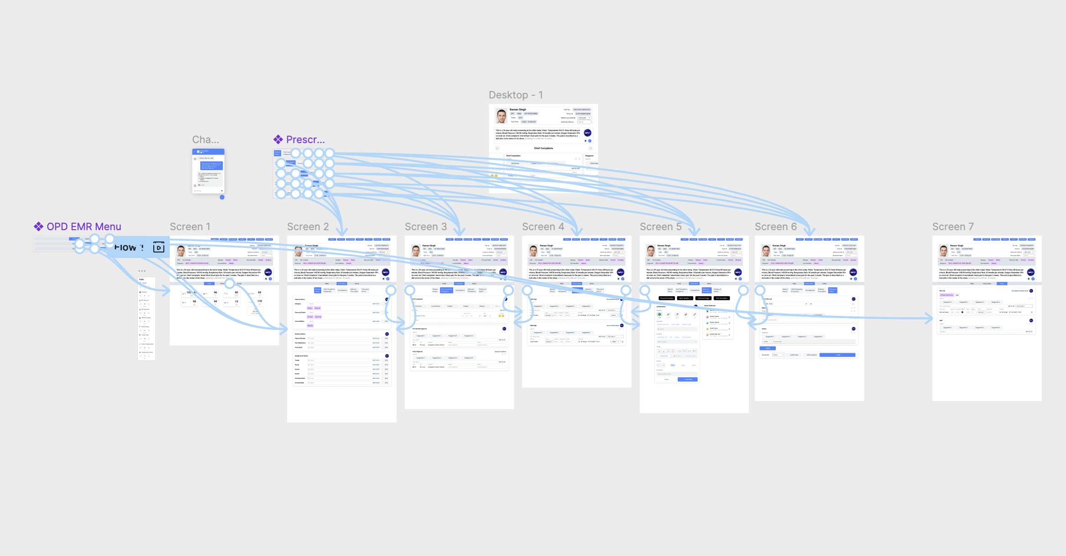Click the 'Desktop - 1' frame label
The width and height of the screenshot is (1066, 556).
point(516,95)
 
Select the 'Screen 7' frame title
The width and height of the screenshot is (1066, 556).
point(953,227)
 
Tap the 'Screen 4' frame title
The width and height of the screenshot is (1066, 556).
point(543,227)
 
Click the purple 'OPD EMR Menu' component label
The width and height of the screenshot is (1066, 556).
point(84,227)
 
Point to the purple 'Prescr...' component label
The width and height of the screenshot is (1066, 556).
point(305,139)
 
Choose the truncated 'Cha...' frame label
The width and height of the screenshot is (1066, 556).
point(205,139)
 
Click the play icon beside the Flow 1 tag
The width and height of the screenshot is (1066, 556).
point(158,247)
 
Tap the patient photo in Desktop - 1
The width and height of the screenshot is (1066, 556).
point(502,116)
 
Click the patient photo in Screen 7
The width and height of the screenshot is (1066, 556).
point(943,251)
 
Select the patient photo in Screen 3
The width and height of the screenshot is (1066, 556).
point(416,251)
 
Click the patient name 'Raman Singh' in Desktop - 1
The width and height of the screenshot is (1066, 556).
point(518,109)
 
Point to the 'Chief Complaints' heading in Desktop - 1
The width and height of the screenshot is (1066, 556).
point(543,148)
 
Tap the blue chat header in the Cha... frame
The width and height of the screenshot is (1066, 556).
point(208,151)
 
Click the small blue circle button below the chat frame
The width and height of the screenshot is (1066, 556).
point(222,197)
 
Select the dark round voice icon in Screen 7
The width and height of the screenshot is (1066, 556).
point(1030,272)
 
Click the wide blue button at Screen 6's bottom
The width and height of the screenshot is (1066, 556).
point(837,355)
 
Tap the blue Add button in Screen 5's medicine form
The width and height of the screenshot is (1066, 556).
point(688,379)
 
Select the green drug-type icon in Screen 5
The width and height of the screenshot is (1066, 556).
point(659,314)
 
